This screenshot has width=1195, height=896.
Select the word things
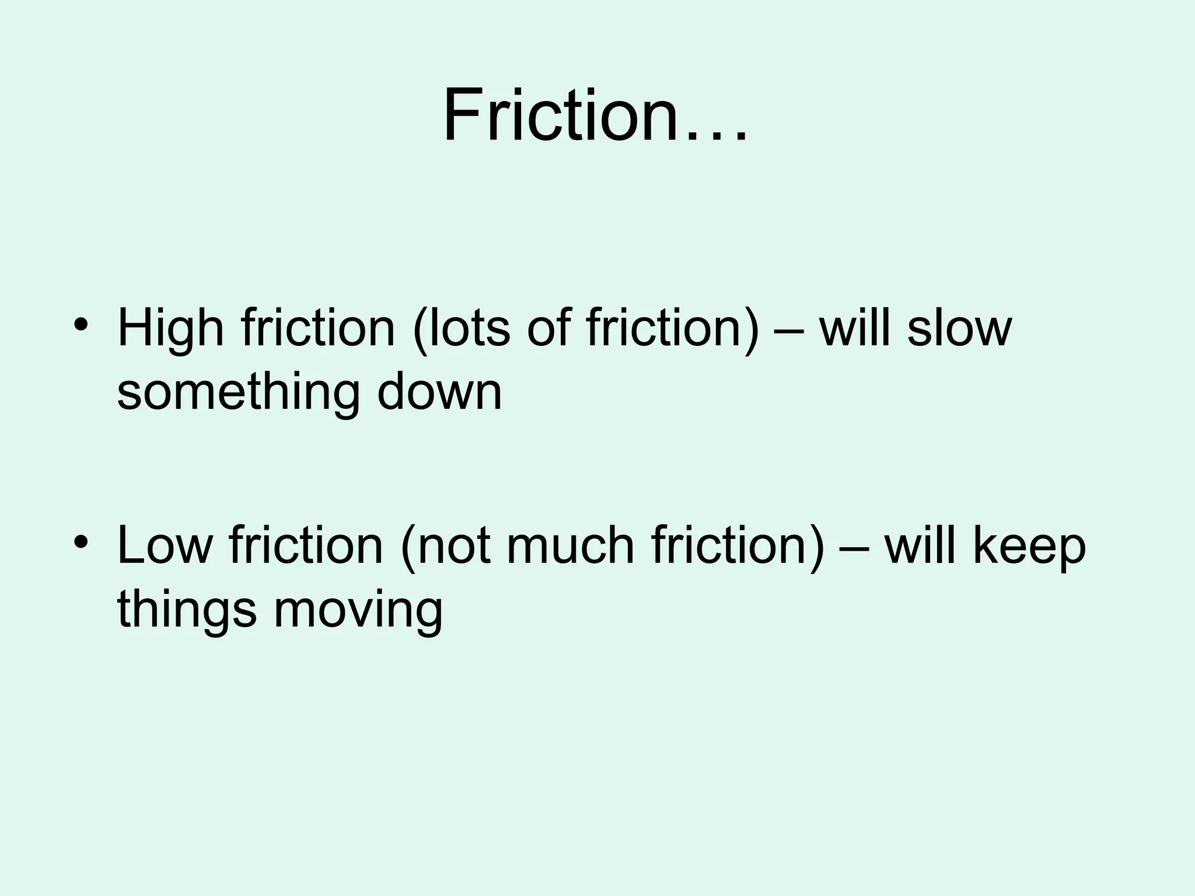(x=187, y=611)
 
